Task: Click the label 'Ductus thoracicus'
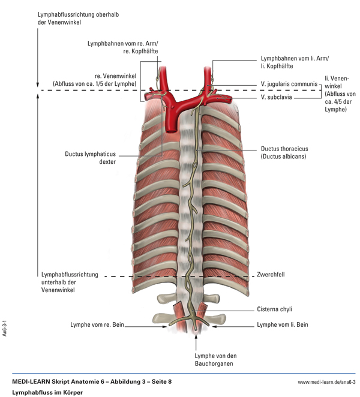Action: pyautogui.click(x=284, y=149)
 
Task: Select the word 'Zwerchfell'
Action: pyautogui.click(x=271, y=275)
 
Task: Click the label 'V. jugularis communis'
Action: pyautogui.click(x=289, y=85)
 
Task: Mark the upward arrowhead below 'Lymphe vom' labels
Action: pyautogui.click(x=195, y=338)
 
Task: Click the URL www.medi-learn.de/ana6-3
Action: pyautogui.click(x=326, y=381)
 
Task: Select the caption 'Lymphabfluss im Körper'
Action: pyautogui.click(x=47, y=392)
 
